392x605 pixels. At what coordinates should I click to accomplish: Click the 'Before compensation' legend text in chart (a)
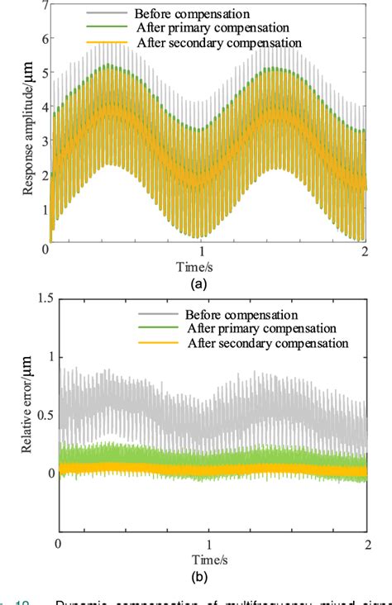(191, 13)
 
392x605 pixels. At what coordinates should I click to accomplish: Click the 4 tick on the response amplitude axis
(40, 107)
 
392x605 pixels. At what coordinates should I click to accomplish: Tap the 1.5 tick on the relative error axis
(33, 298)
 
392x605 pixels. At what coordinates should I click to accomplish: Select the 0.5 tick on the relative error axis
(33, 414)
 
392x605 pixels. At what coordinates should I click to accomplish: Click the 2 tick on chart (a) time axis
(364, 254)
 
